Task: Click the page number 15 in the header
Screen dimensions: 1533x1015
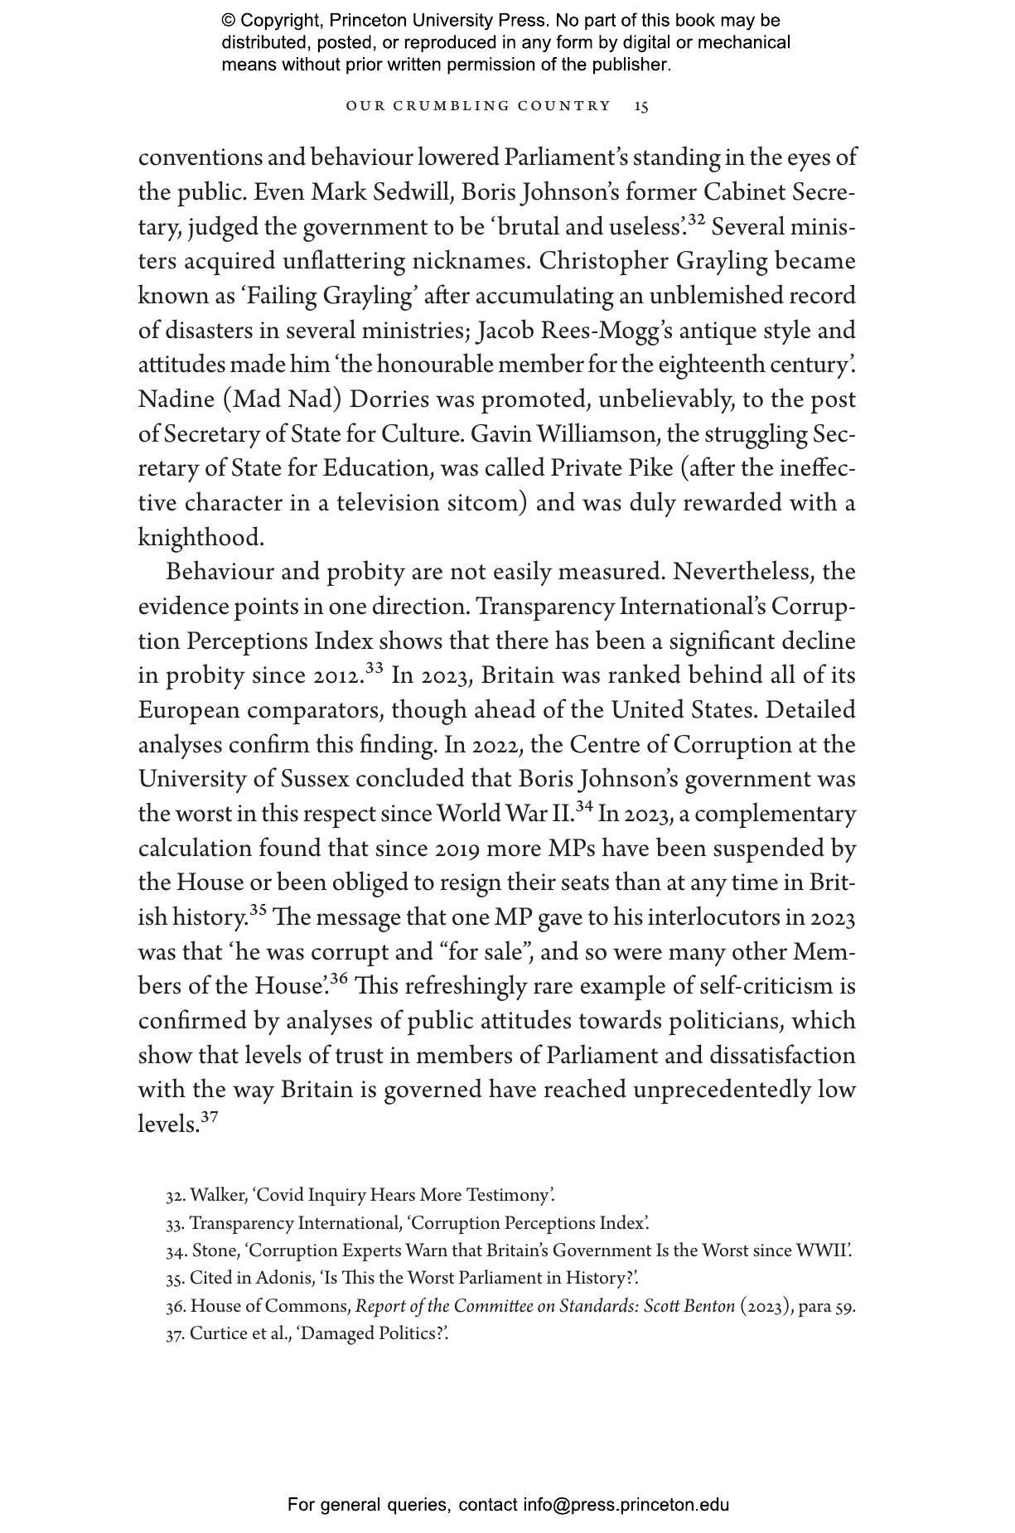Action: click(x=641, y=106)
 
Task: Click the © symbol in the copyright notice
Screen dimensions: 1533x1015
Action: click(x=229, y=21)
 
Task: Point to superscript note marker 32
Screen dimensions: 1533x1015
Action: click(x=696, y=220)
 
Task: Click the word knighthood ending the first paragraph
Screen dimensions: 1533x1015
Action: click(x=200, y=538)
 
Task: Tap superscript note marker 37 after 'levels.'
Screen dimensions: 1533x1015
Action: click(x=209, y=1118)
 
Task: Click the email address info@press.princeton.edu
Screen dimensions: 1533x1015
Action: click(x=626, y=1505)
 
